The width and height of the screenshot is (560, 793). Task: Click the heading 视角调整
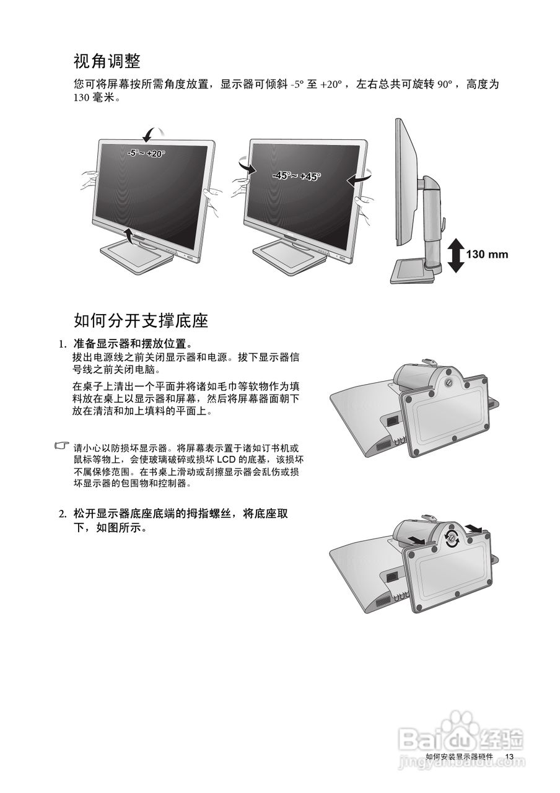(x=107, y=61)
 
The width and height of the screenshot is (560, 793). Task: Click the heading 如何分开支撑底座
(x=141, y=320)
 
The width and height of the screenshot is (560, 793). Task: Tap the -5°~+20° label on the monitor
(x=146, y=153)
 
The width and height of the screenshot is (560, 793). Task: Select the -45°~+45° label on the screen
(x=297, y=176)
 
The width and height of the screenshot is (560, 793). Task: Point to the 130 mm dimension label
(x=486, y=254)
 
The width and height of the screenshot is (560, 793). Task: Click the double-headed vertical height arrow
(x=455, y=255)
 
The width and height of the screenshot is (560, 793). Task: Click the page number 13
(x=510, y=756)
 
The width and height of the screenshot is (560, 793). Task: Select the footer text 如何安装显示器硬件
(x=460, y=756)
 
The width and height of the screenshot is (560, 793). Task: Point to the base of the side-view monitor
(x=415, y=271)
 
